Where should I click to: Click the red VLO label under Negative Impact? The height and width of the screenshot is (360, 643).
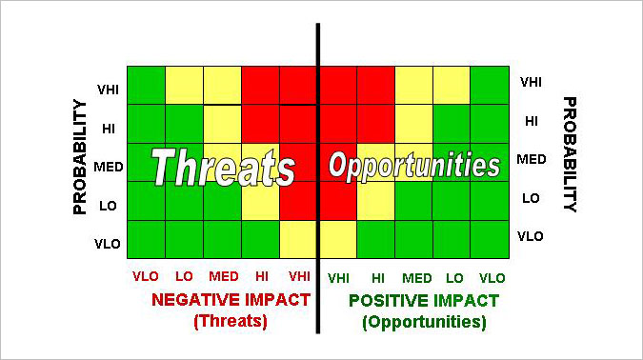coord(146,276)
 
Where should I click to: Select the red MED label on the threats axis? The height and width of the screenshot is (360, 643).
coord(224,276)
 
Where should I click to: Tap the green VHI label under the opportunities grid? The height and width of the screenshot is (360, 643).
coord(338,279)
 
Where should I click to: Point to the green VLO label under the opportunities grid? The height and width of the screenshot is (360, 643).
coord(492,278)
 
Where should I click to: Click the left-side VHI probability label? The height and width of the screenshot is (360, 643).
coord(108,90)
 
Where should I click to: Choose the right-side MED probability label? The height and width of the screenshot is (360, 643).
coord(532,159)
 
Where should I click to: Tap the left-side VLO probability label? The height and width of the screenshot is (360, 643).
coord(108,245)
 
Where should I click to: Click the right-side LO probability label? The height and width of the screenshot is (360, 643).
coord(531,198)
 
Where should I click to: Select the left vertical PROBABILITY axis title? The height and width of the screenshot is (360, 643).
coord(80,156)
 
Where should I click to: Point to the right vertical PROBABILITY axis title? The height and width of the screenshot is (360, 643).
coord(570,154)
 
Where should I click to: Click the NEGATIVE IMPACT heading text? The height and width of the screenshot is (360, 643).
coord(231,300)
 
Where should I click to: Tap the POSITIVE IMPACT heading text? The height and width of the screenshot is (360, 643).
coord(424,301)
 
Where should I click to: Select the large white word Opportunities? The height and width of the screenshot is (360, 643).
coord(414,166)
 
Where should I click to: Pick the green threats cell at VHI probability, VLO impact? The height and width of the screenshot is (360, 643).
coord(147,86)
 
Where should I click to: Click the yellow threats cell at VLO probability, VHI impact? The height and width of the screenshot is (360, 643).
coord(298,239)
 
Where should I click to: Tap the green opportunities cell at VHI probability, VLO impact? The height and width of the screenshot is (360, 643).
coord(490,86)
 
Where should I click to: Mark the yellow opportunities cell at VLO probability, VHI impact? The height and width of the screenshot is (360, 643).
coord(338,239)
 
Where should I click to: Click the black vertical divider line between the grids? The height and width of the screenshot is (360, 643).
coord(318,178)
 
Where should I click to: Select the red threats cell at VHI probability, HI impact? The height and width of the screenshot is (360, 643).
coord(260,86)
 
